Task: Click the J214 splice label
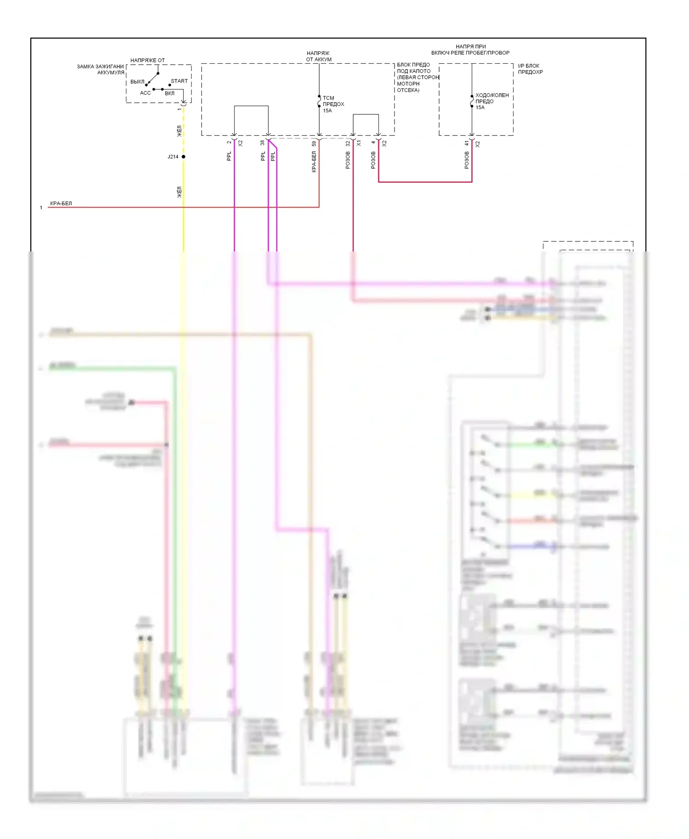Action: [x=173, y=157]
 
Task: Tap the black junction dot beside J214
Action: [x=183, y=157]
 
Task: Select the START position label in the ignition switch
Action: [x=179, y=81]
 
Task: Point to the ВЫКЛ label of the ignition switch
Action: [x=137, y=82]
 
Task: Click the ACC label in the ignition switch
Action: [x=145, y=93]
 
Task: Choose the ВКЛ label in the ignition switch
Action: [x=169, y=93]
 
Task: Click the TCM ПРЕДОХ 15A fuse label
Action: [x=333, y=104]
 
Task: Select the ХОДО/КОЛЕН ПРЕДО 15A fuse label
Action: [x=491, y=101]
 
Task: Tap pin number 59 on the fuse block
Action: [x=314, y=144]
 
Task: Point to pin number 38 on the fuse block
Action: [x=263, y=143]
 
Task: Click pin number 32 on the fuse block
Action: [x=348, y=144]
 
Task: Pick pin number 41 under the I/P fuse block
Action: [x=467, y=144]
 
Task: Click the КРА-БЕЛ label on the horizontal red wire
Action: [x=61, y=203]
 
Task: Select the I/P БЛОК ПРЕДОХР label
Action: [x=530, y=69]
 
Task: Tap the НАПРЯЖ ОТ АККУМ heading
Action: [x=318, y=56]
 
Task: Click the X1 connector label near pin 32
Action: [x=359, y=144]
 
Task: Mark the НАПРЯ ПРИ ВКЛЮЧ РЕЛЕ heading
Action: [x=470, y=50]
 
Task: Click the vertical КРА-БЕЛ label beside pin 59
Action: [x=314, y=162]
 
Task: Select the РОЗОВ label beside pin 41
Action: [x=467, y=160]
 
